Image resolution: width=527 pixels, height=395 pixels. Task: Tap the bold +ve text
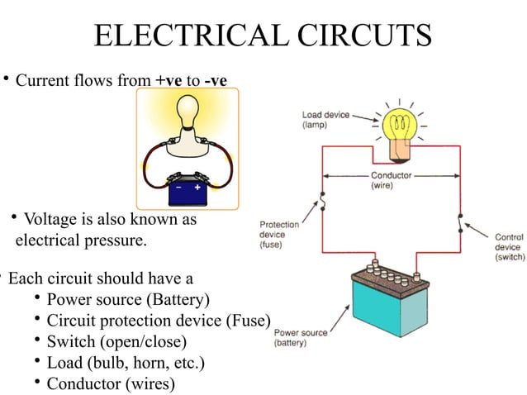[x=169, y=81]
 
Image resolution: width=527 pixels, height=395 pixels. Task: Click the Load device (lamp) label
[x=324, y=119]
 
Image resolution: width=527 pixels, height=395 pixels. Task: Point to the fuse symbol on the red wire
[x=324, y=202]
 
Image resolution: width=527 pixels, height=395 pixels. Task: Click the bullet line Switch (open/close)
[x=116, y=341]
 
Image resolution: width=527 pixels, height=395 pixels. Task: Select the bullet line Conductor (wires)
[x=110, y=384]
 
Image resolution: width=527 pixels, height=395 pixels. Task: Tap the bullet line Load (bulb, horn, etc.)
[x=125, y=363]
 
